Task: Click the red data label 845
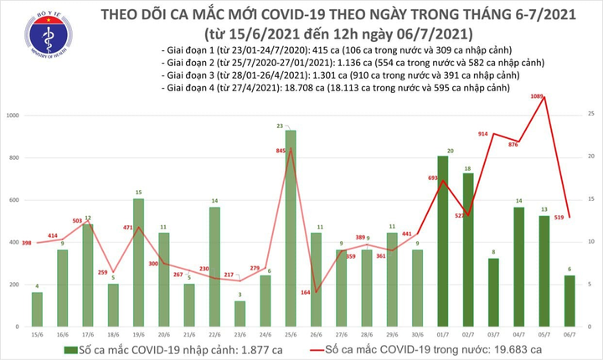278,151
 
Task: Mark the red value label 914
484,134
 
